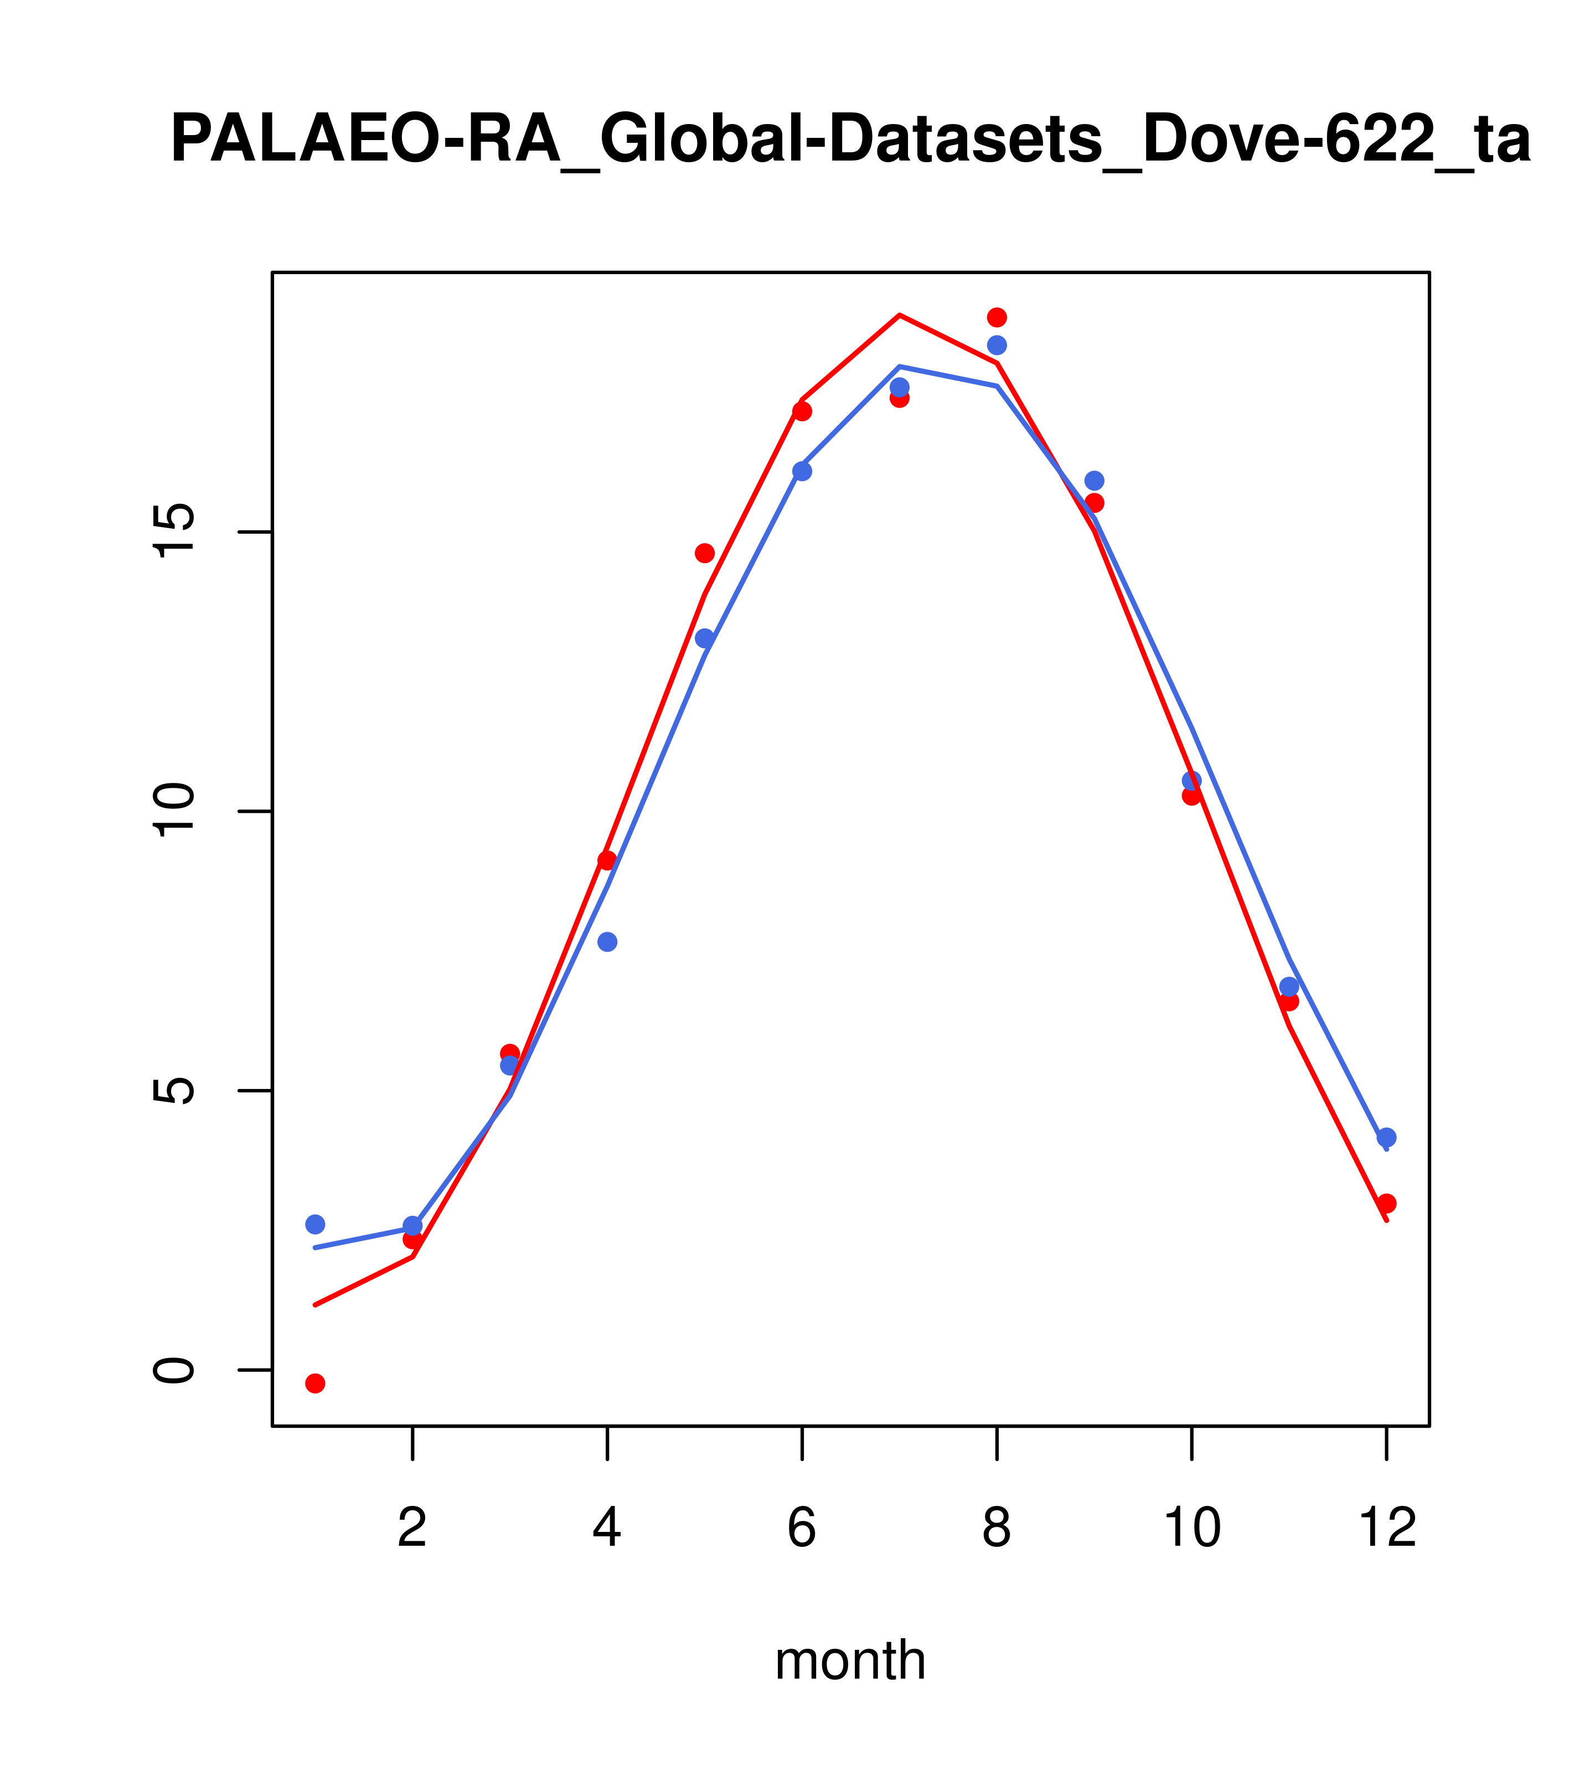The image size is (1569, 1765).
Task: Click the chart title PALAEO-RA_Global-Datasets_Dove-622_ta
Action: pyautogui.click(x=850, y=141)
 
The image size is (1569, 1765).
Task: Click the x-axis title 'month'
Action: pyautogui.click(x=850, y=1660)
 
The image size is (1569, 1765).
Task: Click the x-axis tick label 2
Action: pyautogui.click(x=413, y=1529)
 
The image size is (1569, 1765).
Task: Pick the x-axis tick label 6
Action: pyautogui.click(x=802, y=1529)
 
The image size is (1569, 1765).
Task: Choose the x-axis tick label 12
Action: pyautogui.click(x=1387, y=1529)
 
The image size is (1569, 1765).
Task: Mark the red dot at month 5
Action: pyautogui.click(x=705, y=553)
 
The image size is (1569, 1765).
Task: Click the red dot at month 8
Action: pyautogui.click(x=997, y=317)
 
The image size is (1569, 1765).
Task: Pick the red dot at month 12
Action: pyautogui.click(x=1387, y=1204)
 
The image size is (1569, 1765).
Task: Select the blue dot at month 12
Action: pyautogui.click(x=1387, y=1137)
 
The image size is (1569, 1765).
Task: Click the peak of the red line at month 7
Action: pyautogui.click(x=900, y=315)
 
